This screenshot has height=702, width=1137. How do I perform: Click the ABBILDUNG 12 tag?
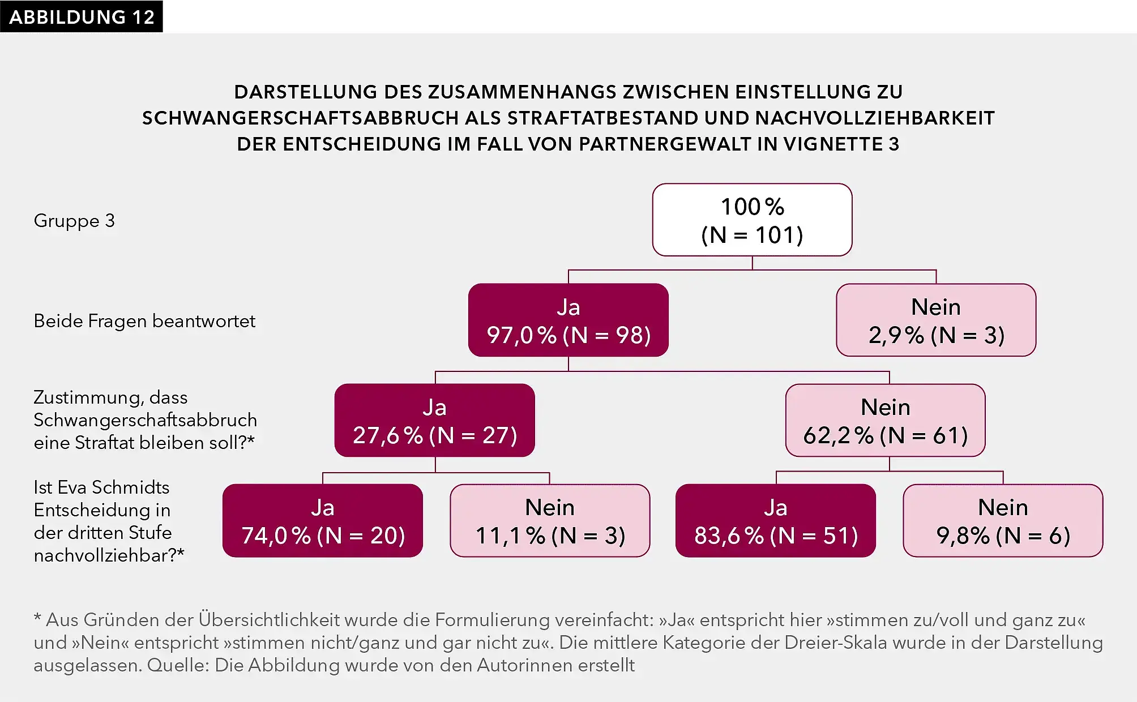(81, 16)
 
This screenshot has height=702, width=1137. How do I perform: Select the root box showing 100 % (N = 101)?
(752, 220)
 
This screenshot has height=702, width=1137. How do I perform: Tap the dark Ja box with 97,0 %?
(568, 320)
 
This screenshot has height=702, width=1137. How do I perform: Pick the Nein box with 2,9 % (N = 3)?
(936, 320)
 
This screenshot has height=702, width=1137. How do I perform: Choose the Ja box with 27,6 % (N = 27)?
(434, 421)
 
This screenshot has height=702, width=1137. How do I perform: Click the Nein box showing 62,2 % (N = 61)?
(885, 421)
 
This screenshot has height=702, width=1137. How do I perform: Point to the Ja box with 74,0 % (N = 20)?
(322, 521)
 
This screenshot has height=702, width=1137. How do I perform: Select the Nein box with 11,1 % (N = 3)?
(550, 521)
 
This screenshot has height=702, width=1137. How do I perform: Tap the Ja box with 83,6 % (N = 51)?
(775, 521)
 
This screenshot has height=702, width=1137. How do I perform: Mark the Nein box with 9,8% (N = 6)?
(1003, 521)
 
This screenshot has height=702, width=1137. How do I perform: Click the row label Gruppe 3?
(74, 221)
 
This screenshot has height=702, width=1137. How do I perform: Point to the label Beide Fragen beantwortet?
(144, 321)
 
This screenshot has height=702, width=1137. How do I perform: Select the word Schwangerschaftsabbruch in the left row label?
(145, 420)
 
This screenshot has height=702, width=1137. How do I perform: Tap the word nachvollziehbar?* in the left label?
(109, 555)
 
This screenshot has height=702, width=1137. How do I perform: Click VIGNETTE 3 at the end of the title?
(841, 144)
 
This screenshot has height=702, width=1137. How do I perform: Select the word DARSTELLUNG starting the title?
(306, 92)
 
